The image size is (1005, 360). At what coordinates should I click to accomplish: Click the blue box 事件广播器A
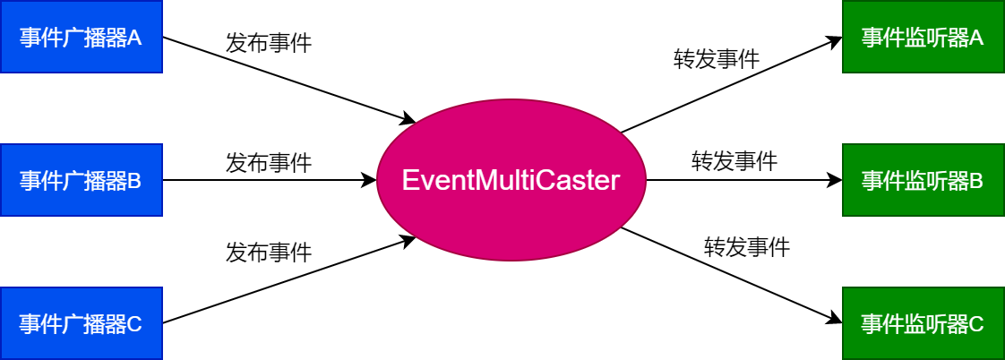pyautogui.click(x=81, y=38)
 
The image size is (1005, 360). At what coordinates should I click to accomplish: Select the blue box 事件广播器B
pyautogui.click(x=81, y=181)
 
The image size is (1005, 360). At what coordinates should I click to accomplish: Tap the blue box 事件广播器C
pyautogui.click(x=81, y=323)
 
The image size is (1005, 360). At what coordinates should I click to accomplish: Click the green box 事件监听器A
pyautogui.click(x=923, y=38)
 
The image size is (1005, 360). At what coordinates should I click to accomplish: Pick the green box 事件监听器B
pyautogui.click(x=923, y=181)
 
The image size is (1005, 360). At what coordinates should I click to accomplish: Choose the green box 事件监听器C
pyautogui.click(x=923, y=323)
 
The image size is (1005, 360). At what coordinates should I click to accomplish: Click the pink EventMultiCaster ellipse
pyautogui.click(x=511, y=181)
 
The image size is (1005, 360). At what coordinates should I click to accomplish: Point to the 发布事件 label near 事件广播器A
pyautogui.click(x=269, y=43)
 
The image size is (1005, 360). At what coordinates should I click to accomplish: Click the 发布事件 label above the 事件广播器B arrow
pyautogui.click(x=269, y=163)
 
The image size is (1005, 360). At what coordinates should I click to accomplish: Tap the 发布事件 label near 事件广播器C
pyautogui.click(x=269, y=253)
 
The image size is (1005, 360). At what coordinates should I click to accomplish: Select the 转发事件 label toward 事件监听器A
pyautogui.click(x=717, y=60)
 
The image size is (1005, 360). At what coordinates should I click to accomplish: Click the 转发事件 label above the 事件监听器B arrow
pyautogui.click(x=734, y=162)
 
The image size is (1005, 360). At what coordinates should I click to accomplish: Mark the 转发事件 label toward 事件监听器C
pyautogui.click(x=747, y=246)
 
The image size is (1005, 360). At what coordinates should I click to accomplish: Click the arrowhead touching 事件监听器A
pyautogui.click(x=835, y=41)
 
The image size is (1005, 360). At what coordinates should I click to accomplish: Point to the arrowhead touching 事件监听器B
pyautogui.click(x=835, y=181)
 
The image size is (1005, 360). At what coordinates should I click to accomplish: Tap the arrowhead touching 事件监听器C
pyautogui.click(x=835, y=320)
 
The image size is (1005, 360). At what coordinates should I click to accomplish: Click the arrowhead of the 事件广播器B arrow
pyautogui.click(x=369, y=181)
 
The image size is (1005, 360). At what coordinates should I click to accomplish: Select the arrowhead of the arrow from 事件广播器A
pyautogui.click(x=408, y=120)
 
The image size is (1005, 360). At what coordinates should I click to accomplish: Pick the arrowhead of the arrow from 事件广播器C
pyautogui.click(x=408, y=240)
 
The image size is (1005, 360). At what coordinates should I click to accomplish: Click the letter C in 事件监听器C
pyautogui.click(x=976, y=323)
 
